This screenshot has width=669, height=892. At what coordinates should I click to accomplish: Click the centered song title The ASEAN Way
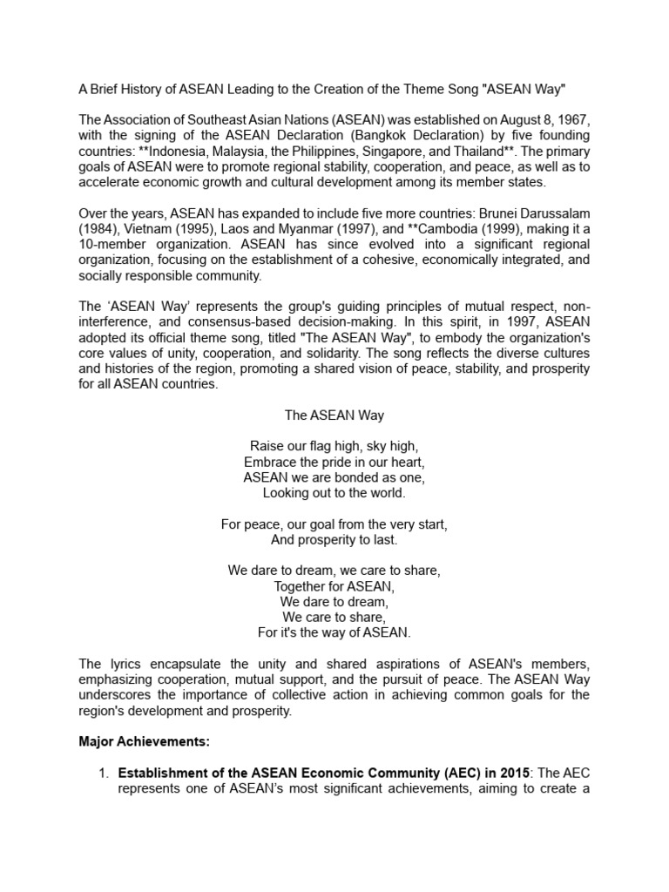(334, 416)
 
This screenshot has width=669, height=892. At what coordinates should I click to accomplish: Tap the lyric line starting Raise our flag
(334, 447)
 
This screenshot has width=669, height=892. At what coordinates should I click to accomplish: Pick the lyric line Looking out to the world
(334, 494)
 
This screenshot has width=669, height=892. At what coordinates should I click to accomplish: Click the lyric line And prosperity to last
(334, 541)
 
